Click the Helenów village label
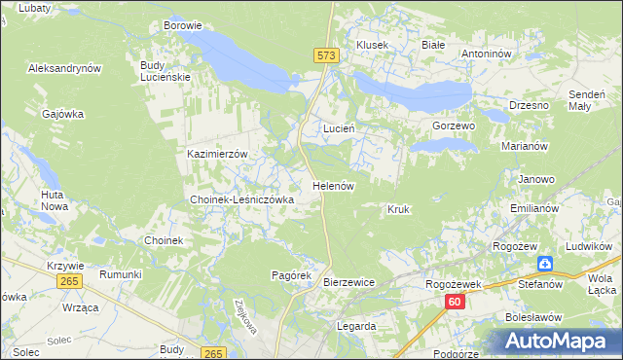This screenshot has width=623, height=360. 332,185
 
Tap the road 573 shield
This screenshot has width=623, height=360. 326,57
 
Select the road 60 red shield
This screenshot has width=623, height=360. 456,303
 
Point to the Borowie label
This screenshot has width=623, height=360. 182,25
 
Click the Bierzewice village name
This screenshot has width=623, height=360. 348,282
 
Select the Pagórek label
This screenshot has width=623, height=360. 290,275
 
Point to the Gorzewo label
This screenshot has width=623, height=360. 453,126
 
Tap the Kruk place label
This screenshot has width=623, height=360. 397,209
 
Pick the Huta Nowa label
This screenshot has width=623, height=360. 54,200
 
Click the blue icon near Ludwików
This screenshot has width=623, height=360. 546,264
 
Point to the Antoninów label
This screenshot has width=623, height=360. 486,54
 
